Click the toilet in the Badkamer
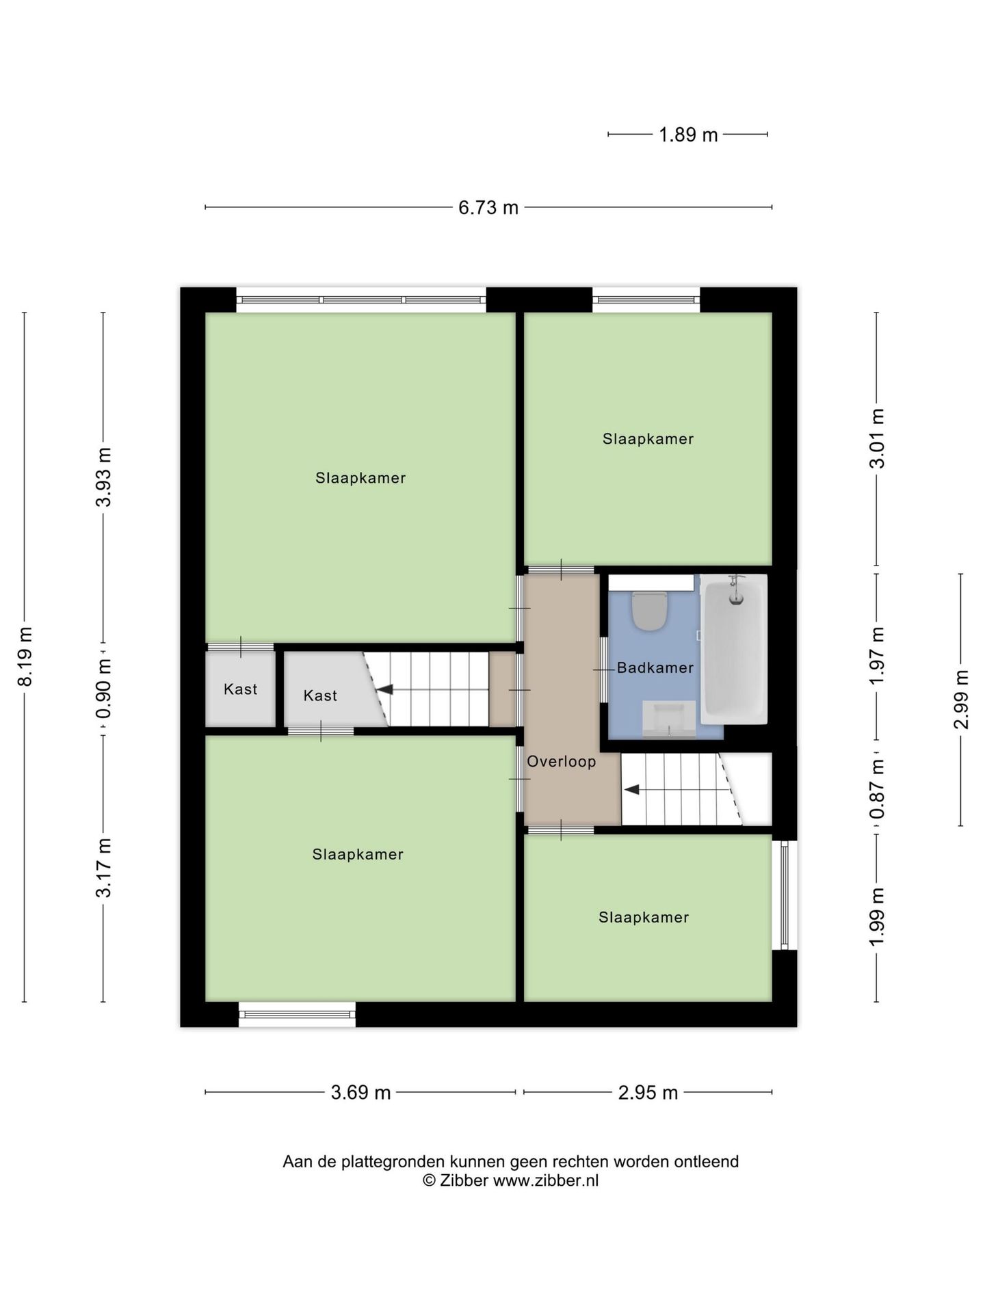tap(649, 611)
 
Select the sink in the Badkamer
tap(669, 719)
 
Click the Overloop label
tap(561, 762)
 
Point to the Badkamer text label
tap(655, 668)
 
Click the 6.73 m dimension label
tap(488, 207)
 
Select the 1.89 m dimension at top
tap(687, 135)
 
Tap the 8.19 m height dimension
tap(25, 656)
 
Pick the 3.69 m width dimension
tap(360, 1092)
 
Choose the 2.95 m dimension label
tap(648, 1092)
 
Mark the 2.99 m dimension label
tap(961, 700)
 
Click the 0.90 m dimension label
tap(103, 689)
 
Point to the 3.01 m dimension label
tap(876, 439)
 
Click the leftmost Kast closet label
tap(240, 689)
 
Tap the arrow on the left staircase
tap(384, 689)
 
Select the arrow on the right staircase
tap(631, 789)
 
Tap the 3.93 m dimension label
tap(103, 477)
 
